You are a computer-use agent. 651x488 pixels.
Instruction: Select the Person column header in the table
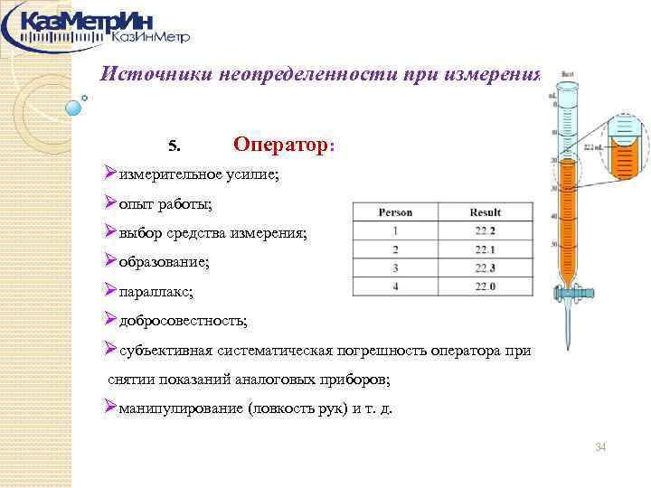click(x=394, y=212)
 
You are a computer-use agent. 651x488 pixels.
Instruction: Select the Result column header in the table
click(x=486, y=212)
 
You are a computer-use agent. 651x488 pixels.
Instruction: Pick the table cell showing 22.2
click(x=486, y=230)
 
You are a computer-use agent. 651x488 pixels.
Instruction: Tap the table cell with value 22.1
click(x=486, y=249)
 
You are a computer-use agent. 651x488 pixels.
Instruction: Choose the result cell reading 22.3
click(x=486, y=267)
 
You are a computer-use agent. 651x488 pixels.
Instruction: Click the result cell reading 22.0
click(x=486, y=286)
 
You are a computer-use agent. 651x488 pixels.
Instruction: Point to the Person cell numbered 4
click(x=394, y=286)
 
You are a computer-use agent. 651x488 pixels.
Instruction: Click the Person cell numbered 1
click(x=394, y=230)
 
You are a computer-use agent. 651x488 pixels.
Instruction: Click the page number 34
click(x=600, y=448)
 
